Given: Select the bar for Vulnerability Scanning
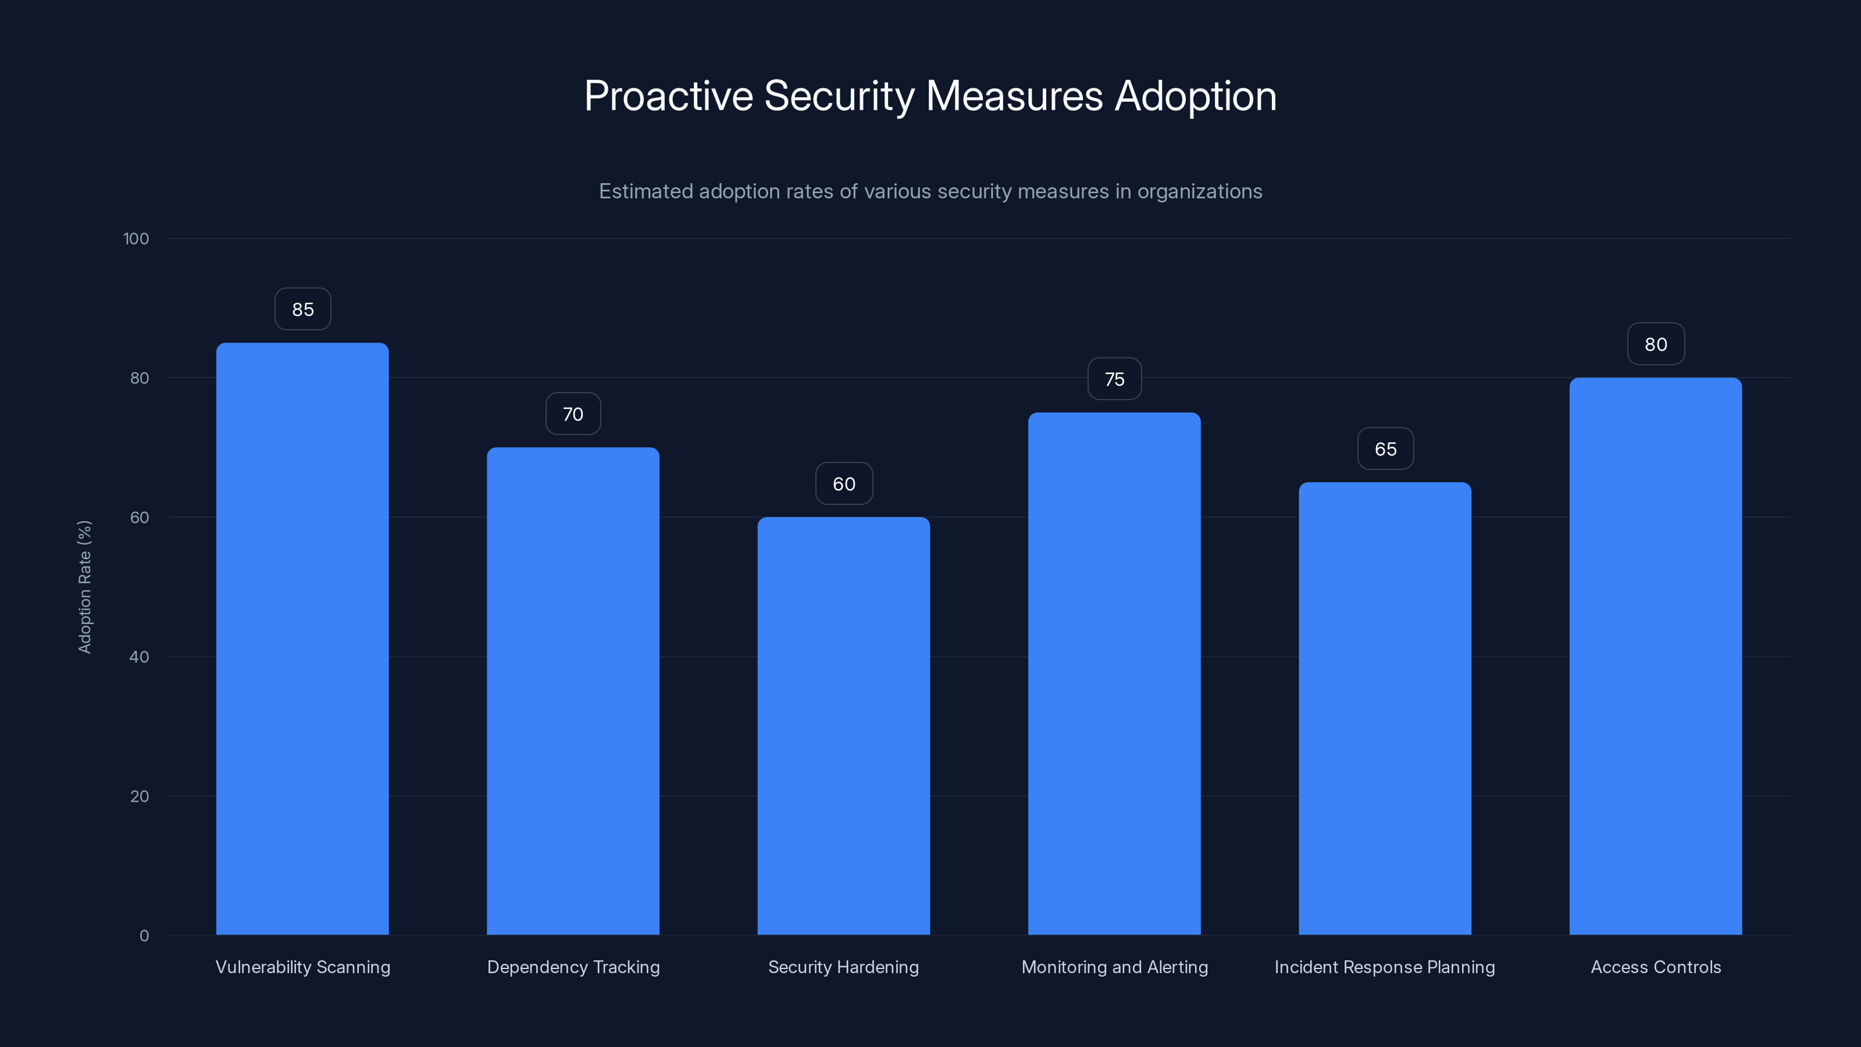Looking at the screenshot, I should (x=302, y=639).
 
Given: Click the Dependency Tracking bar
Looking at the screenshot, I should (x=573, y=691).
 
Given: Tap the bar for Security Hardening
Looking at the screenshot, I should (x=843, y=725).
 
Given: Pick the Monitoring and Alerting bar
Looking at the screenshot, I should (x=1114, y=674).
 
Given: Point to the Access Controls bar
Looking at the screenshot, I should (x=1655, y=656).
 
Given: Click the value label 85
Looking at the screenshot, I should (x=302, y=309).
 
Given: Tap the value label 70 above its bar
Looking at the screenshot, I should (x=573, y=414).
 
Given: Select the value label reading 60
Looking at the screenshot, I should (x=844, y=484).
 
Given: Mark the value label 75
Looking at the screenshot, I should (x=1114, y=379).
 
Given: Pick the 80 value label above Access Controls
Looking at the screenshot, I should (x=1655, y=345).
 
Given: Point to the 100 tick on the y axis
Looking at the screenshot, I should (x=136, y=238).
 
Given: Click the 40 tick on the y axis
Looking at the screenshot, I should (x=139, y=657).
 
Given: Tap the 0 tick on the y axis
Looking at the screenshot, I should (x=144, y=936).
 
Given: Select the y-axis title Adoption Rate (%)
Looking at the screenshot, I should (x=84, y=587).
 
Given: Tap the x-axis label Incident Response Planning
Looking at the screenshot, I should (x=1384, y=967).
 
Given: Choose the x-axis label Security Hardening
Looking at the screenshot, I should (x=843, y=967).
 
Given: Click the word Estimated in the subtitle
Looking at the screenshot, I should (x=645, y=191).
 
